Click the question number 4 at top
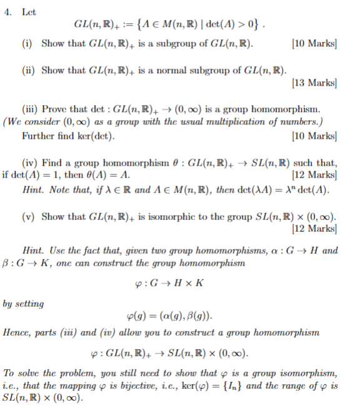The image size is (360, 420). coord(7,11)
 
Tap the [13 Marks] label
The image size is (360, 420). coord(314,82)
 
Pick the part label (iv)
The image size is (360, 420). coord(31,162)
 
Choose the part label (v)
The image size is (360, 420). coord(29,217)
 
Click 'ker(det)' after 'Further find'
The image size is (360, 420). coord(96,135)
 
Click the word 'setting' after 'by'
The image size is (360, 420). coord(32,304)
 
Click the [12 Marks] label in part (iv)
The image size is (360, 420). coord(314,176)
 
